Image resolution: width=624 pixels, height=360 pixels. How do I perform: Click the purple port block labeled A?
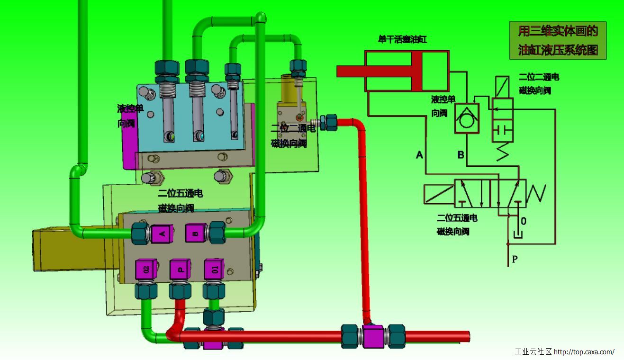(162, 233)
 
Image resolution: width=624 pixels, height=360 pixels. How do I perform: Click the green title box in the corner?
(558, 40)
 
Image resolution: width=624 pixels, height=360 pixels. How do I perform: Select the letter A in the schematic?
(419, 154)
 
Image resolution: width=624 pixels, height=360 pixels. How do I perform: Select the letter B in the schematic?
(461, 154)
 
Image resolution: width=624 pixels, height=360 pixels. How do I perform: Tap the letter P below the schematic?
(515, 259)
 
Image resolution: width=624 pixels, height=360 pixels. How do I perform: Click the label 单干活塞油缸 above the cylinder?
(402, 40)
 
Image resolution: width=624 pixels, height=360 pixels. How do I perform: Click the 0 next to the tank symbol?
(524, 221)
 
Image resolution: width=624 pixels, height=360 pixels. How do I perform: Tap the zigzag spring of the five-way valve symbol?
(536, 192)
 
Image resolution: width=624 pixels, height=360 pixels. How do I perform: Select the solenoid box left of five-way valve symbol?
(439, 193)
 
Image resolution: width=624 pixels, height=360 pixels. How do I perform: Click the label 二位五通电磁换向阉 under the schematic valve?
(457, 225)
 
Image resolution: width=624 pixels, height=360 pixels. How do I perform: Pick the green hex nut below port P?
(180, 290)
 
